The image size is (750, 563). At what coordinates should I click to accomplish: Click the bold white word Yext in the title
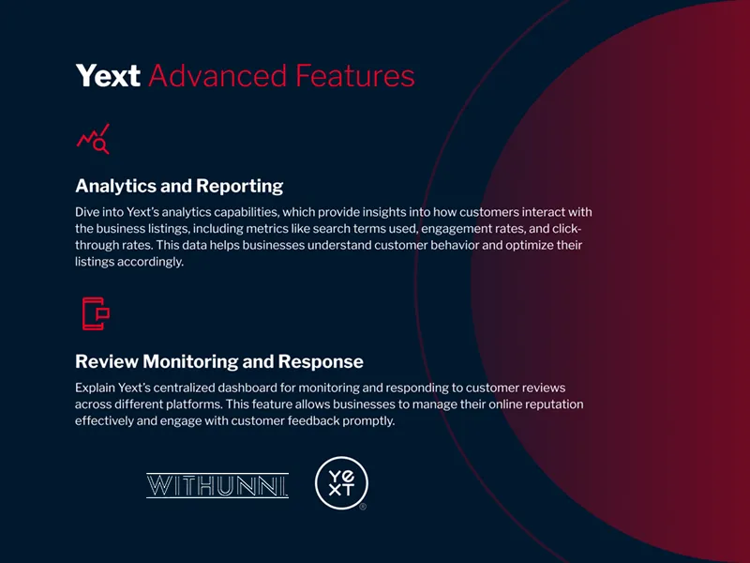coord(108,76)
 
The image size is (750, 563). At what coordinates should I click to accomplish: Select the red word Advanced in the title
coord(217,76)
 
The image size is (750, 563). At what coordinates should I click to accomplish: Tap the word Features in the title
coord(355,76)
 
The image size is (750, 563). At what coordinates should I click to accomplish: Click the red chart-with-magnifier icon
coord(93,139)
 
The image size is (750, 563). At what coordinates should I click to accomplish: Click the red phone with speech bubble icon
coord(96,313)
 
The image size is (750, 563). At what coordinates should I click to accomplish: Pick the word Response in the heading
coord(321,361)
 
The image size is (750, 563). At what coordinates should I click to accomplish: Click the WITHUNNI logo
coord(217,485)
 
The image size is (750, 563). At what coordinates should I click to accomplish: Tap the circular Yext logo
coord(341,482)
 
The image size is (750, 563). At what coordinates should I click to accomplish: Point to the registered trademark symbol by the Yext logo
coord(363,507)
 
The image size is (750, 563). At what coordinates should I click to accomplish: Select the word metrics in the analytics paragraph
coord(267,229)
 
